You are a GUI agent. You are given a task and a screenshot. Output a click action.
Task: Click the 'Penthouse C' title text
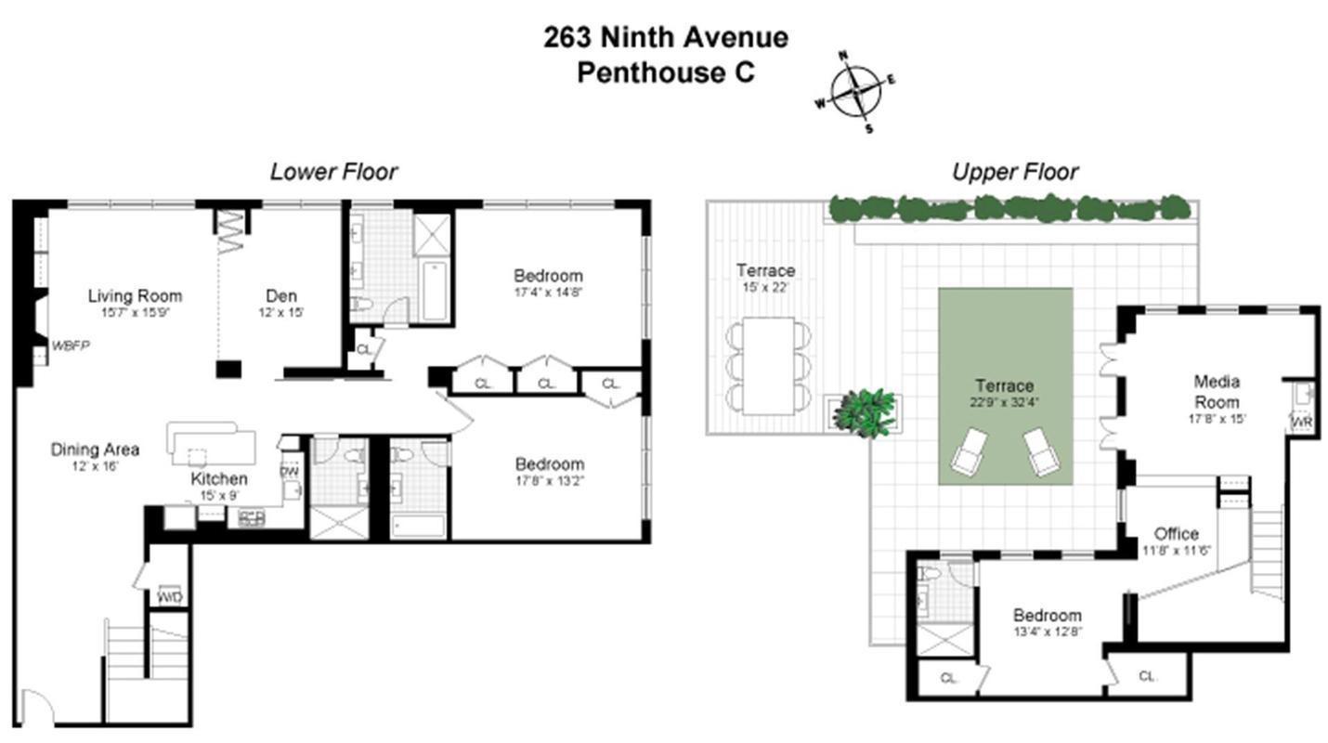point(665,72)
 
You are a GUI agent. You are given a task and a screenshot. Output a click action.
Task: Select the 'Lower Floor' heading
point(333,172)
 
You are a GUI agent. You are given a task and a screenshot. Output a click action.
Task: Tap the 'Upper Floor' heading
point(1015,172)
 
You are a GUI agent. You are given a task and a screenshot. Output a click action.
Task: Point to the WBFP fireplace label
point(71,345)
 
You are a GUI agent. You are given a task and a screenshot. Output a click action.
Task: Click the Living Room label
point(135,296)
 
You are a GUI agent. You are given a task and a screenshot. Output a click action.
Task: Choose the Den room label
point(280,296)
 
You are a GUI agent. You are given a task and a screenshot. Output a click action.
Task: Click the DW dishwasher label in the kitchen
point(289,470)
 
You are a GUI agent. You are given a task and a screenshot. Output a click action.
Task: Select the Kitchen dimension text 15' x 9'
point(220,495)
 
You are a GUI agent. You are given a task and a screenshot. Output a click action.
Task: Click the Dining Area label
point(95,450)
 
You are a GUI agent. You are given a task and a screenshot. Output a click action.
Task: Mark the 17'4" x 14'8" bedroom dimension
point(548,292)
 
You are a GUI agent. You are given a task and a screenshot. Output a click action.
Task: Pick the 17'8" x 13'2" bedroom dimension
point(550,480)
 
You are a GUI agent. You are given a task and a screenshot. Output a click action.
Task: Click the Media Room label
point(1217,391)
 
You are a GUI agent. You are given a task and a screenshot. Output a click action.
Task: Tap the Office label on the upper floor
point(1176,534)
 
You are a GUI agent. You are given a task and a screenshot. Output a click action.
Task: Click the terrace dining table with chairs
point(767,366)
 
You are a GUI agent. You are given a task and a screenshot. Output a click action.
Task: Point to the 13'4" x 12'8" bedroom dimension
point(1047,632)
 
